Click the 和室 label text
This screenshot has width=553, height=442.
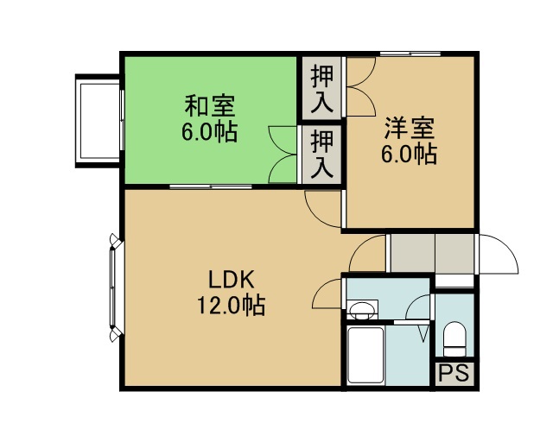210,105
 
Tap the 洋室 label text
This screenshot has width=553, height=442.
410,128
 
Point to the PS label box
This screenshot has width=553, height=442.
454,373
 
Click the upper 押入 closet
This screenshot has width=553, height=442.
322,88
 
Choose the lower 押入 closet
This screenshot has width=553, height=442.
322,154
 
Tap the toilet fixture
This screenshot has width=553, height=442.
454,339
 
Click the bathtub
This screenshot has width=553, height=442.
365,355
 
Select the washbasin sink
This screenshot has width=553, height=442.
362,310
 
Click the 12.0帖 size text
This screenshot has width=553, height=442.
231,305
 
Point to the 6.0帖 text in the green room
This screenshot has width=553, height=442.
209,132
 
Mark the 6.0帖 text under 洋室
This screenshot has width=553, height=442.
409,154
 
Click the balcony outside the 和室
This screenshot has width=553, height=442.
99,121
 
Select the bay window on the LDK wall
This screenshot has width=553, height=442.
114,287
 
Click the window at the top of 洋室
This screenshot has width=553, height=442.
410,54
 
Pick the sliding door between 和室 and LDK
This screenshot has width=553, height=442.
210,186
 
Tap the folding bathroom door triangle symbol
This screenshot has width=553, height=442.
424,333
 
